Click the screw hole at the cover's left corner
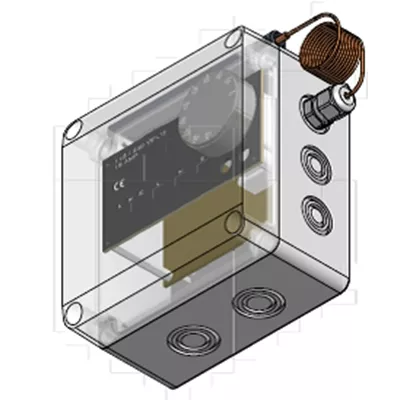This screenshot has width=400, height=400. click(73, 126)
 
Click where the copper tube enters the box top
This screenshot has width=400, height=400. click(277, 38)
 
